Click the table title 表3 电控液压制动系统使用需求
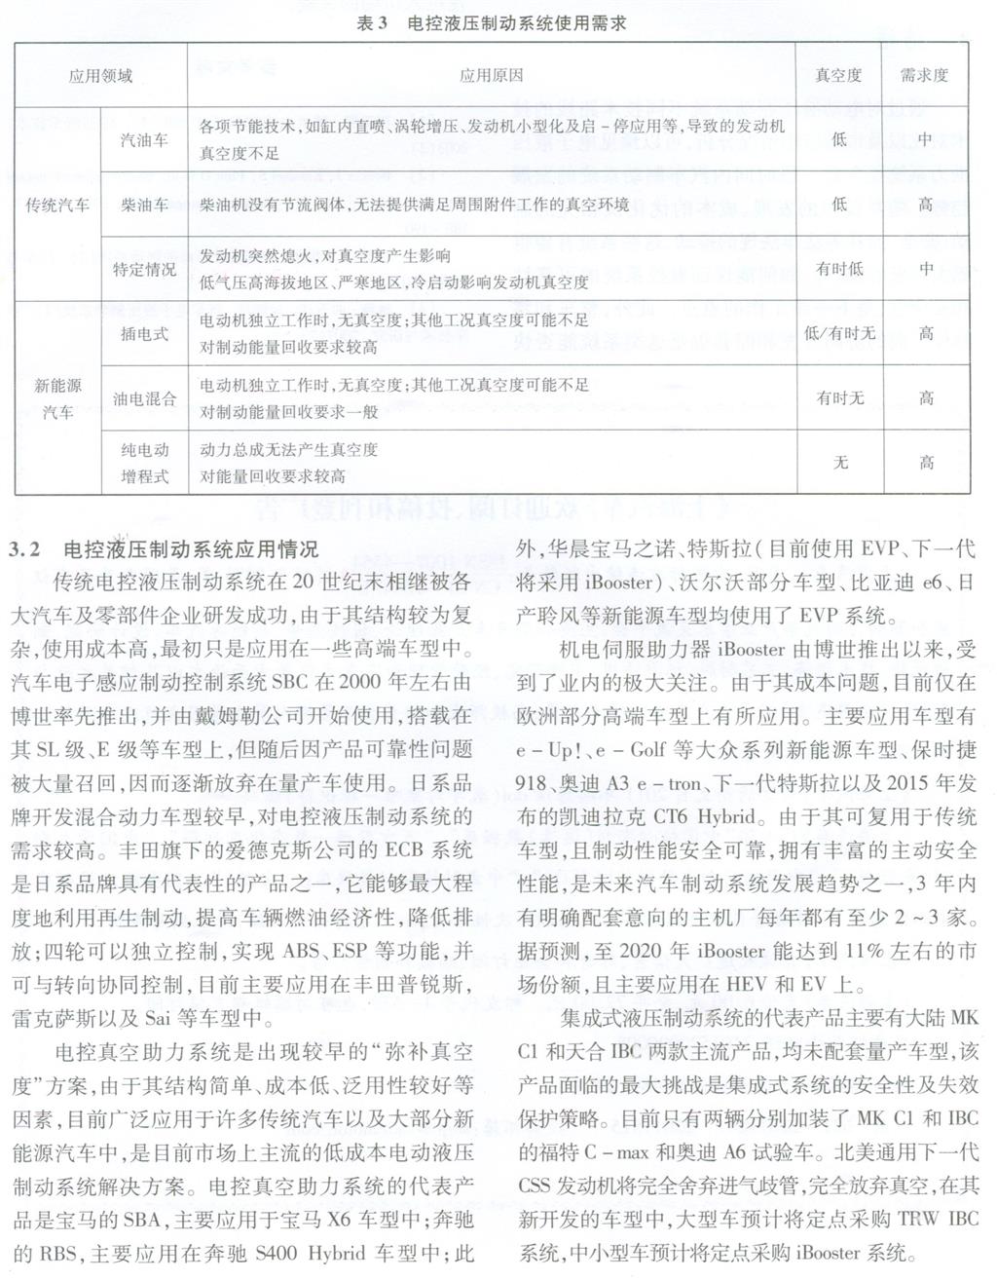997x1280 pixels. pyautogui.click(x=491, y=24)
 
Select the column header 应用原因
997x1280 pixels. pyautogui.click(x=491, y=75)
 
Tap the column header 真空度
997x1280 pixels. pyautogui.click(x=838, y=75)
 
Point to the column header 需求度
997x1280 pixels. pyautogui.click(x=925, y=75)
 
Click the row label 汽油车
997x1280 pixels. pyautogui.click(x=144, y=140)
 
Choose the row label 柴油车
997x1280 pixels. pyautogui.click(x=144, y=205)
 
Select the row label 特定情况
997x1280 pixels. pyautogui.click(x=144, y=269)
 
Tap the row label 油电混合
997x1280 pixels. pyautogui.click(x=144, y=398)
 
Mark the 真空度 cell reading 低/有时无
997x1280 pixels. pyautogui.click(x=839, y=333)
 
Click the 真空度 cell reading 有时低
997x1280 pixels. pyautogui.click(x=839, y=269)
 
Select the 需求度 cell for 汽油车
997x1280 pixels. pyautogui.click(x=925, y=140)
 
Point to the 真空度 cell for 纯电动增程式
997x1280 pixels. pyautogui.click(x=839, y=463)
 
